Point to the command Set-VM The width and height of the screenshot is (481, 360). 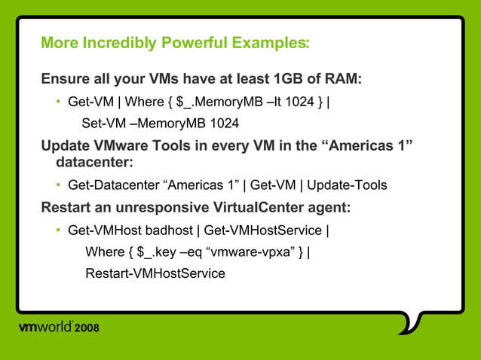pos(100,122)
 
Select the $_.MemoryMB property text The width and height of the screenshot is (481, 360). pos(219,100)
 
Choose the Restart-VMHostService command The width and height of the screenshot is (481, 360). pos(155,273)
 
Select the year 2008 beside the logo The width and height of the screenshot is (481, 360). pos(87,328)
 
